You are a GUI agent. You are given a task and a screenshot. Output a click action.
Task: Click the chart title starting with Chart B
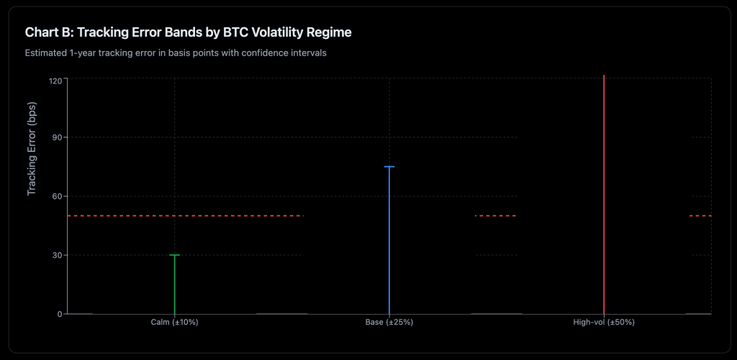pyautogui.click(x=188, y=32)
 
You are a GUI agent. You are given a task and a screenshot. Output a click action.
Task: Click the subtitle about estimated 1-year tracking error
pyautogui.click(x=176, y=53)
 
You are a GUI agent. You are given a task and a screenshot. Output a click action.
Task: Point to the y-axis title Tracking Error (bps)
pyautogui.click(x=32, y=148)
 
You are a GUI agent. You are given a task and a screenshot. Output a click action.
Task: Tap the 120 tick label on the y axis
pyautogui.click(x=55, y=80)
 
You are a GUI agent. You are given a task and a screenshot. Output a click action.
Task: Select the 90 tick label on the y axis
pyautogui.click(x=58, y=138)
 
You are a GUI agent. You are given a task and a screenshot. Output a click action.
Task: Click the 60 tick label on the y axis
pyautogui.click(x=58, y=196)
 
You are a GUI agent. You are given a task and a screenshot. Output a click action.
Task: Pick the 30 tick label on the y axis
pyautogui.click(x=58, y=255)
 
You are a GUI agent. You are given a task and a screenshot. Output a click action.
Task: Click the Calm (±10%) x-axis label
pyautogui.click(x=174, y=323)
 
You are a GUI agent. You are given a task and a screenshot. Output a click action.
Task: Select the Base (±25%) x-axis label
pyautogui.click(x=389, y=323)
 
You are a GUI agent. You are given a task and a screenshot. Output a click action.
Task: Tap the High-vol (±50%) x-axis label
pyautogui.click(x=604, y=323)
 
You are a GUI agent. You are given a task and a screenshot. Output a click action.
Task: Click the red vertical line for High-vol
pyautogui.click(x=604, y=194)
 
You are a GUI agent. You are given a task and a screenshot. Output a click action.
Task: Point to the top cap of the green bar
pyautogui.click(x=174, y=255)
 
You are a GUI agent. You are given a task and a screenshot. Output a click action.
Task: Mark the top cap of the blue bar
pyautogui.click(x=389, y=166)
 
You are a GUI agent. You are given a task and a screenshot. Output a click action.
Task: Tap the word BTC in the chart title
pyautogui.click(x=235, y=32)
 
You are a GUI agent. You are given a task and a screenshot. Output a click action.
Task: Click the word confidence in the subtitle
pyautogui.click(x=269, y=53)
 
